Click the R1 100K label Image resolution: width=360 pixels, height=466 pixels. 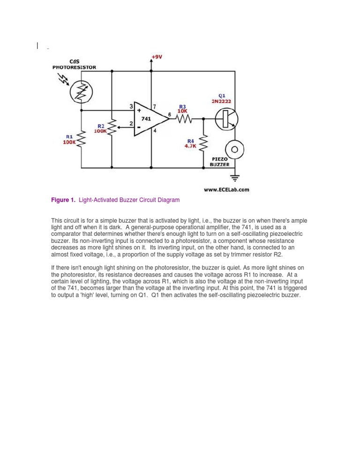(69, 140)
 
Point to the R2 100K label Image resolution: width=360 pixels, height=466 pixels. (100, 129)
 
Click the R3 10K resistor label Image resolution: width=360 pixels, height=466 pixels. (182, 108)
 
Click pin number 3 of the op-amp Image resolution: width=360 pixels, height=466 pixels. (131, 107)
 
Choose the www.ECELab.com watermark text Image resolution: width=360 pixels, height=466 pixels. (226, 190)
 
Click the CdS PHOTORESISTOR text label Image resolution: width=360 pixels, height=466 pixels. (74, 64)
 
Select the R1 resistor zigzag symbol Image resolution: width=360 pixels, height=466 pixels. (82, 139)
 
